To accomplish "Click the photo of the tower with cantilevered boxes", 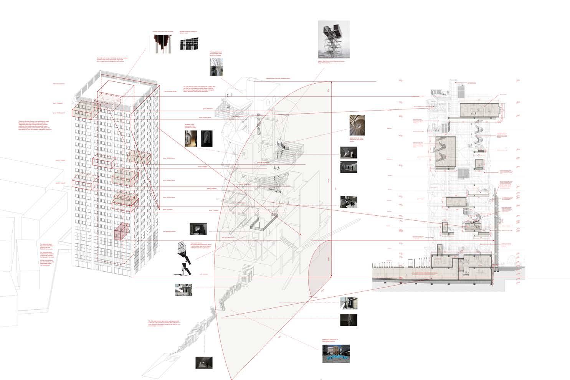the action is coord(334,39).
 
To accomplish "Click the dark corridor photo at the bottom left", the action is coord(204,362).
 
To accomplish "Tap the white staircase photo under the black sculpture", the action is coord(183,290).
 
